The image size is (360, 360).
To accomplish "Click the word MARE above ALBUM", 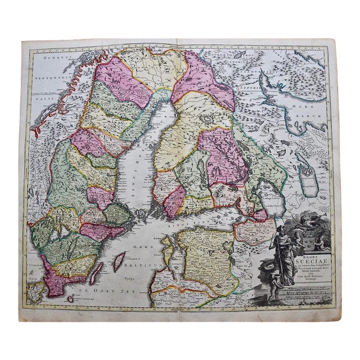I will [309, 102].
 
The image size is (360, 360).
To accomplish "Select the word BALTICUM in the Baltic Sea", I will [137, 262].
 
